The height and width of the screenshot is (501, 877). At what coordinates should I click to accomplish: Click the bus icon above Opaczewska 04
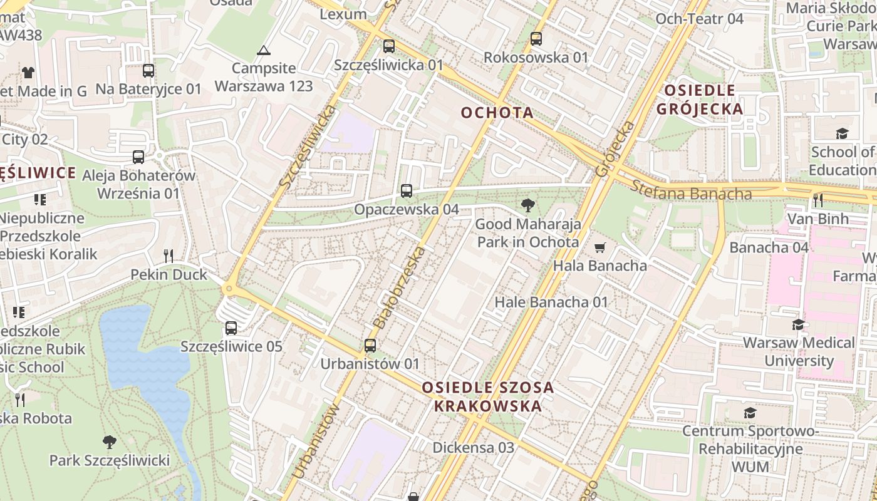[407, 191]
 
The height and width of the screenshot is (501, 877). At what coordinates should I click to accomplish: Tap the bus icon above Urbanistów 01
[370, 345]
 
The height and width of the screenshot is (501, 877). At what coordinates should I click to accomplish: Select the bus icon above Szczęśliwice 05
[231, 328]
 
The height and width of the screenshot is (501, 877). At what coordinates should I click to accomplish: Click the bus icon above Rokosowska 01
[536, 39]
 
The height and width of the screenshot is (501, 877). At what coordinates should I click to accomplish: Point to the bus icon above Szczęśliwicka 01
[389, 46]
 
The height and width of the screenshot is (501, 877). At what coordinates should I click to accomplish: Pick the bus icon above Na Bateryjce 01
[148, 71]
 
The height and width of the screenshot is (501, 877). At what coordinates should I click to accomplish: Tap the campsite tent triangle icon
[264, 50]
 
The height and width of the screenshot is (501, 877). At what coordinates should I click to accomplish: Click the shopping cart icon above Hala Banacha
[600, 247]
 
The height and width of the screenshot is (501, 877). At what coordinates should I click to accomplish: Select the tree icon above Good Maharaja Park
[528, 205]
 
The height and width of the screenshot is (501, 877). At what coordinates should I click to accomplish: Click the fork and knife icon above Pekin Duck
[168, 256]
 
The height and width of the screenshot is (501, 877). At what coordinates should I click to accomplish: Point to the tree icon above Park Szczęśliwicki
[110, 442]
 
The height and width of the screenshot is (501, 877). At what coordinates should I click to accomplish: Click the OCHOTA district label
[497, 113]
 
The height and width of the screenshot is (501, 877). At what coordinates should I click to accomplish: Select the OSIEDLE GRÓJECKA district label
[700, 100]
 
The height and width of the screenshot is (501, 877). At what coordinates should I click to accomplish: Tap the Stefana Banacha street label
[691, 190]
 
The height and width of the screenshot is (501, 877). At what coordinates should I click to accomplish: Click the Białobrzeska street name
[399, 288]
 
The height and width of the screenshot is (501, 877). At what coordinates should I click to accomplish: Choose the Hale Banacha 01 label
[551, 302]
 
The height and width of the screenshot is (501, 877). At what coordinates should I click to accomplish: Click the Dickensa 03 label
[474, 447]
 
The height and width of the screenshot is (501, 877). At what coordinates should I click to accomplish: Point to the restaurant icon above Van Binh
[818, 200]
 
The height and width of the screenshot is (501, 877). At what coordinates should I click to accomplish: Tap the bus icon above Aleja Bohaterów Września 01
[138, 157]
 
